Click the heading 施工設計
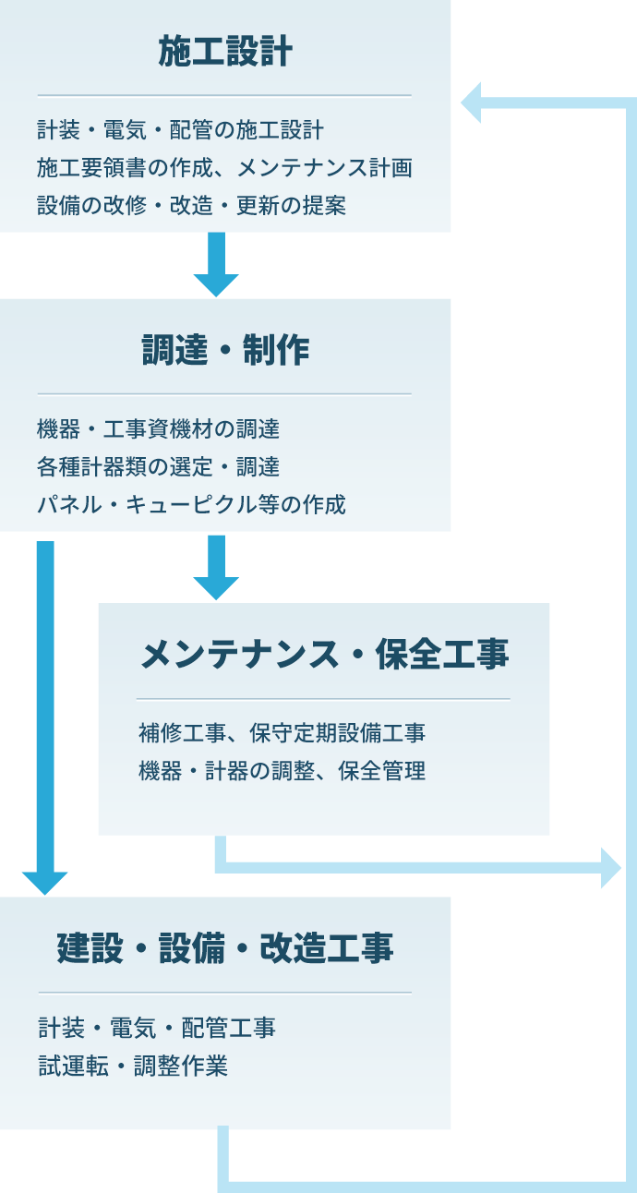point(225,52)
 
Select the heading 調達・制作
point(225,351)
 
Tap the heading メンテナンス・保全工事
point(324,655)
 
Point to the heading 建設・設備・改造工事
point(225,948)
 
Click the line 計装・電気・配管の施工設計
point(180,129)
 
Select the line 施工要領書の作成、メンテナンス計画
point(224,167)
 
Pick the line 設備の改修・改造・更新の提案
point(192,205)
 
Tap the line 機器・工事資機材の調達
point(158,428)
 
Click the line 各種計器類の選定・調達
point(158,466)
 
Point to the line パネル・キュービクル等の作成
point(192,504)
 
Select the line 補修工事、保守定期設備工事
point(282,733)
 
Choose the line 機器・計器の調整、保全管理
point(282,771)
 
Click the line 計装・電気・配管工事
point(156,1027)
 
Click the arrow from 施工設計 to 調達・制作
point(216,264)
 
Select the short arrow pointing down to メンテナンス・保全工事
point(216,567)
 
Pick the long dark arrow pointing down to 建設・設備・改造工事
point(45,720)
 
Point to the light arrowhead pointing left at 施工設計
point(471,102)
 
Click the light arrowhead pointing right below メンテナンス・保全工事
point(610,868)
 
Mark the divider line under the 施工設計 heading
point(224,95)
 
